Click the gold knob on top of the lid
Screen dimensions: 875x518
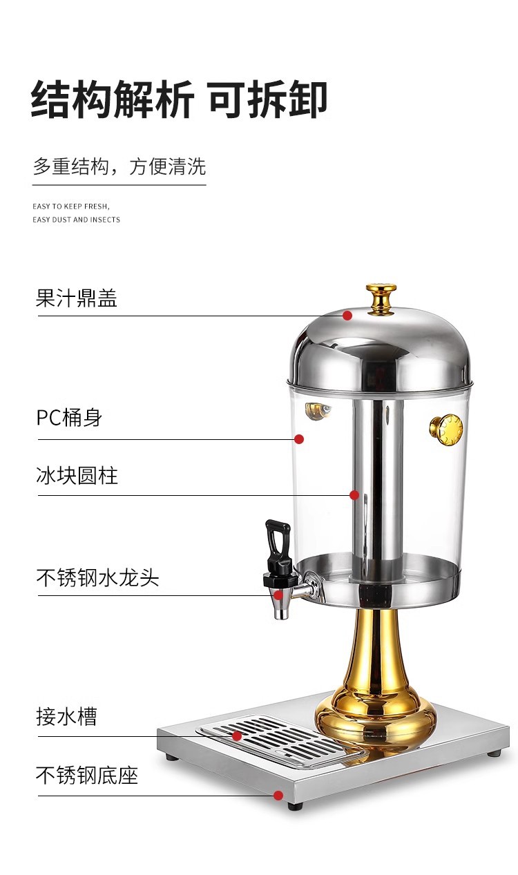tap(381, 296)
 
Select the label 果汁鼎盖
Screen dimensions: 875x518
tap(77, 298)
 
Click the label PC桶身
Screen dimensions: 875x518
tap(69, 418)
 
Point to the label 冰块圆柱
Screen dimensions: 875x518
tap(77, 476)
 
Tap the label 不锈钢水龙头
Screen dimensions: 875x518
tap(97, 577)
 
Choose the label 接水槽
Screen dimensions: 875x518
tap(66, 716)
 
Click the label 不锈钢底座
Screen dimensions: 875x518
tap(87, 775)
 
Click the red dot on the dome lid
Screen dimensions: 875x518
tap(347, 316)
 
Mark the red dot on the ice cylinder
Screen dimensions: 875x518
tap(354, 495)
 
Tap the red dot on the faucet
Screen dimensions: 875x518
tap(278, 595)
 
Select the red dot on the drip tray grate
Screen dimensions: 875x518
tap(236, 736)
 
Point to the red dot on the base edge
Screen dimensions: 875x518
tap(278, 796)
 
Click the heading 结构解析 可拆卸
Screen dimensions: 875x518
tap(179, 99)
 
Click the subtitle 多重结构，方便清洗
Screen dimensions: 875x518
tap(119, 166)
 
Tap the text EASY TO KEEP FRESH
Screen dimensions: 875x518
tap(71, 206)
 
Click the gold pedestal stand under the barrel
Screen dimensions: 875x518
tap(376, 677)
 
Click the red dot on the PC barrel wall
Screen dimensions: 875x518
tap(299, 439)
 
